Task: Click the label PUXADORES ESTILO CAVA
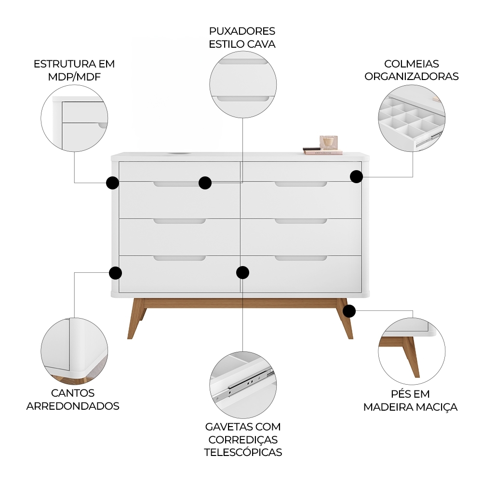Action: [x=242, y=38]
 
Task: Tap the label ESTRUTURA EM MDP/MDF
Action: [x=74, y=70]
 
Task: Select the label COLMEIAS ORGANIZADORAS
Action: [x=411, y=70]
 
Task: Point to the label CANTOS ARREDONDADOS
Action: [x=73, y=400]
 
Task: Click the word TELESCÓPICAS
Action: [x=243, y=452]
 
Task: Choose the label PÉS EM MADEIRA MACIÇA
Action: [x=410, y=401]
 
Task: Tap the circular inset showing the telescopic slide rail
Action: [x=243, y=385]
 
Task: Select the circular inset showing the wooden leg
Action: [x=411, y=350]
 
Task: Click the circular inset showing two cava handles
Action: [x=243, y=85]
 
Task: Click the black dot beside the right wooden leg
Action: [x=349, y=311]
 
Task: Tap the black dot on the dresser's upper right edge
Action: [x=356, y=176]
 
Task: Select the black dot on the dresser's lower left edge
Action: [x=115, y=273]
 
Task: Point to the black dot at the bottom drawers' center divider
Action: [x=242, y=272]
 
